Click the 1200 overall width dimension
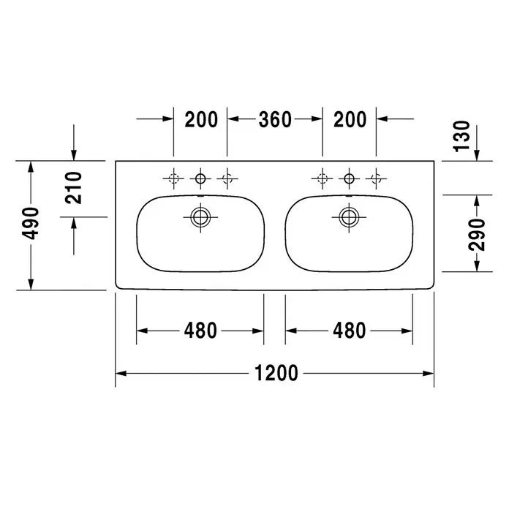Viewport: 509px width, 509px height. pyautogui.click(x=276, y=373)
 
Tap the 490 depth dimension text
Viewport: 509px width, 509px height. pyautogui.click(x=30, y=224)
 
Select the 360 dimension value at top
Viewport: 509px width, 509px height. pyautogui.click(x=275, y=119)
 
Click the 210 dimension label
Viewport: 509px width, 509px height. pyautogui.click(x=73, y=188)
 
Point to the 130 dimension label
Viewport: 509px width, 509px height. pyautogui.click(x=461, y=136)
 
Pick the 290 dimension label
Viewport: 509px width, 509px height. pyautogui.click(x=477, y=234)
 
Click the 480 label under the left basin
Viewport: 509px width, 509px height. pyautogui.click(x=200, y=331)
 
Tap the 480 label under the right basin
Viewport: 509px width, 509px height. pyautogui.click(x=350, y=331)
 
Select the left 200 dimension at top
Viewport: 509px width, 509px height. pyautogui.click(x=201, y=119)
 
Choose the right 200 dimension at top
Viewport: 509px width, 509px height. pyautogui.click(x=350, y=119)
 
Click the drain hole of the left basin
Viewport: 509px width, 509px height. pyautogui.click(x=200, y=217)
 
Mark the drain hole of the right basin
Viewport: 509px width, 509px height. pyautogui.click(x=349, y=217)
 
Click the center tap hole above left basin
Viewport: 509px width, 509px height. pyautogui.click(x=200, y=178)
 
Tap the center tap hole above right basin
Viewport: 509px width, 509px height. pyautogui.click(x=350, y=178)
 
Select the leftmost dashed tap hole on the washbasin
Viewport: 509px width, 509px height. pyautogui.click(x=173, y=178)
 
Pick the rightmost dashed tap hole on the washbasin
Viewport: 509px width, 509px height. pyautogui.click(x=376, y=178)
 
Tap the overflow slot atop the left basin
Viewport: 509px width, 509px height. pyautogui.click(x=200, y=197)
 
